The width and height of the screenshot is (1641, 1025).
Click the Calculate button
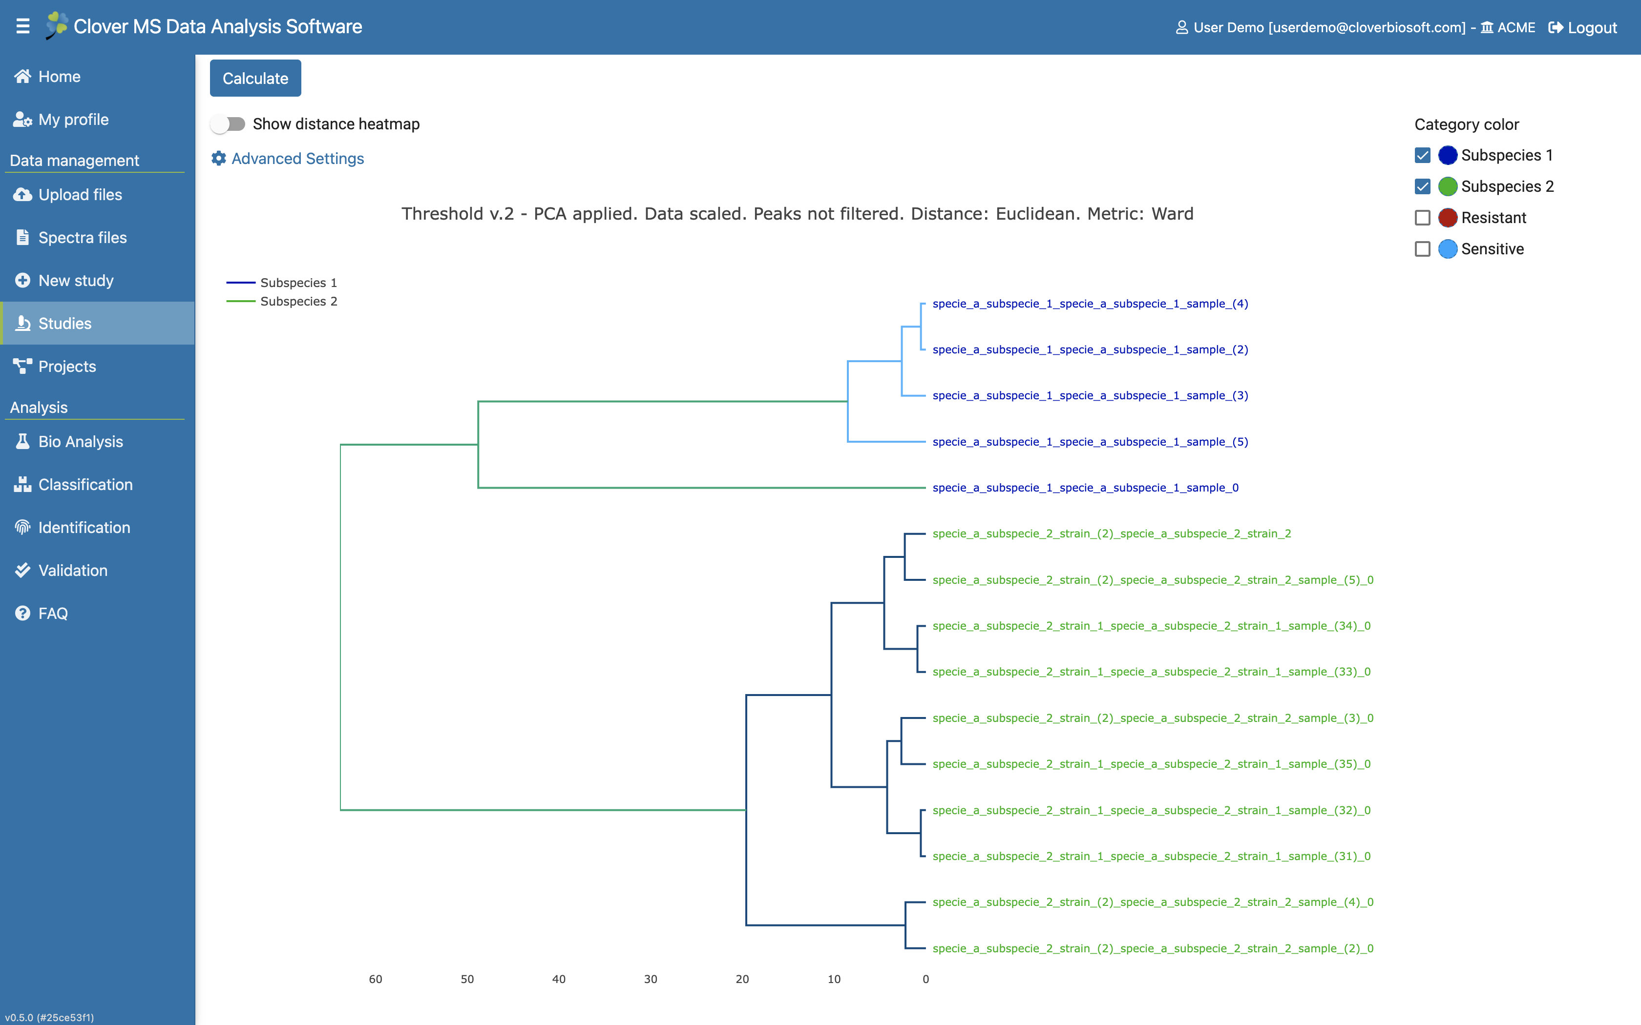click(x=255, y=78)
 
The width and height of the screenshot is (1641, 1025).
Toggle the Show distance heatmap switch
click(x=228, y=124)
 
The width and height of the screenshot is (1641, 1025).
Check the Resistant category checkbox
click(x=1423, y=218)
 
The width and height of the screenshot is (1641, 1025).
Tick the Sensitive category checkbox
click(x=1423, y=249)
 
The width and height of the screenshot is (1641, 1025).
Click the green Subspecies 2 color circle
click(x=1448, y=186)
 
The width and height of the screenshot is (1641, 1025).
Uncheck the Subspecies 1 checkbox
click(x=1423, y=155)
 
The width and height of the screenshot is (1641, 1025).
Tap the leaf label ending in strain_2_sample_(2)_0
click(x=1153, y=948)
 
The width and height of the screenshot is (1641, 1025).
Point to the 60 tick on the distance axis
click(x=376, y=979)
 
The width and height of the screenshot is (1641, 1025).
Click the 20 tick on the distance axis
click(x=742, y=979)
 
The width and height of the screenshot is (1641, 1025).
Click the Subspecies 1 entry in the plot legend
click(x=281, y=283)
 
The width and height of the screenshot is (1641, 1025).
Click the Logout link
click(x=1583, y=27)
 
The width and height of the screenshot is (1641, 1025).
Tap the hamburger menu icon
click(x=23, y=26)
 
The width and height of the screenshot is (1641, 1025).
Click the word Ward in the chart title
click(x=1173, y=214)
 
